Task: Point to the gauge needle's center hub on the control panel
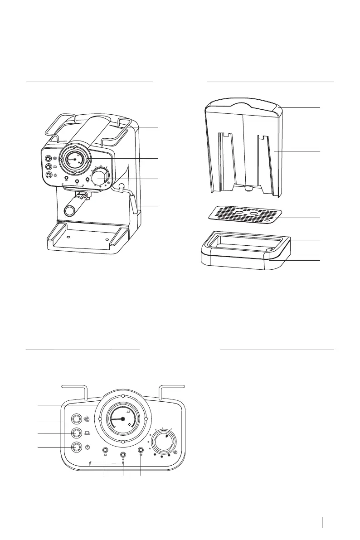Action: click(x=122, y=419)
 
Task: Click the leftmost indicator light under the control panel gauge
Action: click(x=105, y=451)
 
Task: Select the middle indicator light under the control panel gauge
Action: click(x=123, y=454)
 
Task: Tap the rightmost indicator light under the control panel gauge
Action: click(x=141, y=451)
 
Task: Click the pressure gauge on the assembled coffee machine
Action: click(x=74, y=161)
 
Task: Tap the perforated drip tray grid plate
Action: click(x=245, y=214)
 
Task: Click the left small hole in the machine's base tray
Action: click(x=68, y=237)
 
